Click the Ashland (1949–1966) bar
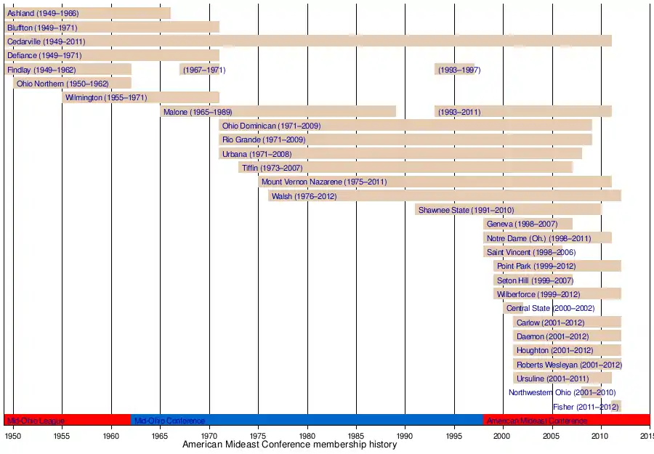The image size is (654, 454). click(87, 13)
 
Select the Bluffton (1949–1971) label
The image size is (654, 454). click(42, 28)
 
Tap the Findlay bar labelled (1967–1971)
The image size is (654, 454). click(199, 70)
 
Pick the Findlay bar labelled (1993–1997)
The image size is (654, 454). click(454, 70)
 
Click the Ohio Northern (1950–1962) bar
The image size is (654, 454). click(73, 84)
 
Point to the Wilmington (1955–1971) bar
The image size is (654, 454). click(140, 97)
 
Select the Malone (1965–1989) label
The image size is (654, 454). click(198, 112)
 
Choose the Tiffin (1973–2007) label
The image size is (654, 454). click(272, 168)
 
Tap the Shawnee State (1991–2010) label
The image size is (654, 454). click(466, 210)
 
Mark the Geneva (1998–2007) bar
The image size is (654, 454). click(528, 224)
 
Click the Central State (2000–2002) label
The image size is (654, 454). click(550, 308)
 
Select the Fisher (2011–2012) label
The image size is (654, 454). click(586, 407)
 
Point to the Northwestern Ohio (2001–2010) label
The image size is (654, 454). click(562, 393)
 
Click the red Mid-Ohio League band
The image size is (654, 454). click(67, 420)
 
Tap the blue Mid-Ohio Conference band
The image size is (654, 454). click(307, 420)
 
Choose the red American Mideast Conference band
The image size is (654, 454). click(567, 420)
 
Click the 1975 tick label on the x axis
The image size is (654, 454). click(258, 435)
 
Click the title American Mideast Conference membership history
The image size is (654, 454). click(289, 445)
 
